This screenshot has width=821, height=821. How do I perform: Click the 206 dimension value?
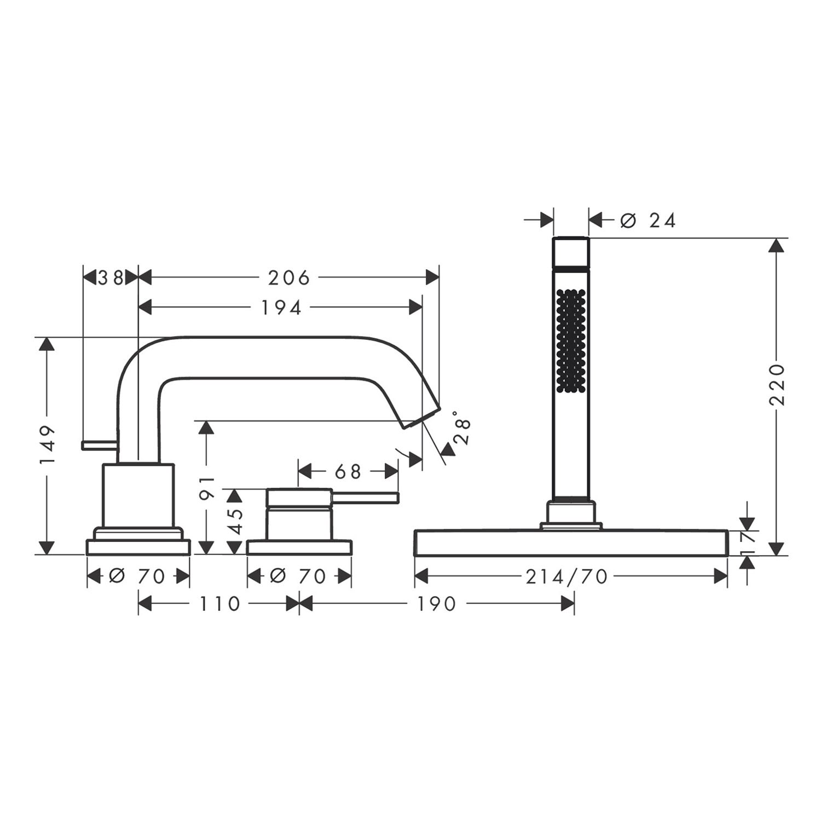[288, 278]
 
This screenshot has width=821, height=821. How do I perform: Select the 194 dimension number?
[280, 308]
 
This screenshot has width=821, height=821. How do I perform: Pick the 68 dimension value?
[348, 471]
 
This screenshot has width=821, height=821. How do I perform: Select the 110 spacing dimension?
[219, 604]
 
